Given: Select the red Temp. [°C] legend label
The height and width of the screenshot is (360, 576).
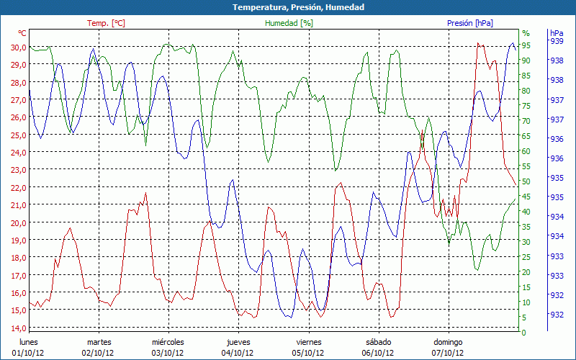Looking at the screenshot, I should tap(106, 23).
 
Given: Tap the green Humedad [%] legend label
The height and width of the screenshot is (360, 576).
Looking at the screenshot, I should tap(289, 23).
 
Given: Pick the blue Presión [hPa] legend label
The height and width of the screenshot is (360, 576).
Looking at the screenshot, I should tap(470, 23).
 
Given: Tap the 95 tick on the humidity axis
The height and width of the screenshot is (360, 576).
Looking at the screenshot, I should tap(526, 45).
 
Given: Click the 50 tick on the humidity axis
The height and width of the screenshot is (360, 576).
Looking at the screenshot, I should tap(526, 181).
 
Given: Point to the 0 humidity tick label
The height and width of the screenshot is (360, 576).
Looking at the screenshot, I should tap(524, 333).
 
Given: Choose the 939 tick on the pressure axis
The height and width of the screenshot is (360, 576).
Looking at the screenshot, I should tap(557, 42).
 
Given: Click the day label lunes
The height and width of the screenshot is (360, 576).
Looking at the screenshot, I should tap(28, 342).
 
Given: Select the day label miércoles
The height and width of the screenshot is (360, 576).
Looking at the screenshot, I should tap(168, 342).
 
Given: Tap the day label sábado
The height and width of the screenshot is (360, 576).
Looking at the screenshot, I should tap(378, 342).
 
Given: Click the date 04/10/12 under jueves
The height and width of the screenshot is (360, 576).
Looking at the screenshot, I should tap(238, 353).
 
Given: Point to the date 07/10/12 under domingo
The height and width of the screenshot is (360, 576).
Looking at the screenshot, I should tap(448, 353).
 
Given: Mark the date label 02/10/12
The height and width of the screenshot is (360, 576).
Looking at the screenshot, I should tap(98, 353).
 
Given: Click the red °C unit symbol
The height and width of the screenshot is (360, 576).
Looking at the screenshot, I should tap(22, 33).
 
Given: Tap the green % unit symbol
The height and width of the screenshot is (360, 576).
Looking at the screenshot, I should tap(526, 33).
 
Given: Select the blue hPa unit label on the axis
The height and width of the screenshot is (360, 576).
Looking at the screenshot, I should tap(557, 33).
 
